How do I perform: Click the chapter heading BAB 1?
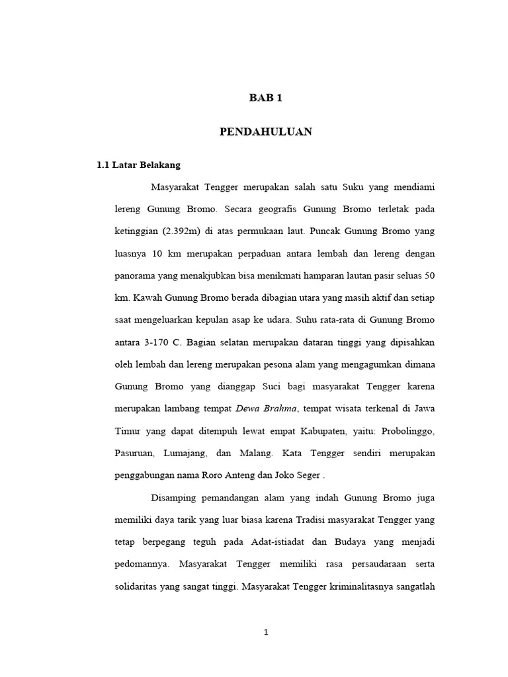pyautogui.click(x=265, y=99)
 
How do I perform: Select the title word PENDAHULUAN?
pyautogui.click(x=265, y=132)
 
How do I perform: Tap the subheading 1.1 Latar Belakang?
pyautogui.click(x=138, y=165)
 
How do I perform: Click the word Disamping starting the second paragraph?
pyautogui.click(x=175, y=498)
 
